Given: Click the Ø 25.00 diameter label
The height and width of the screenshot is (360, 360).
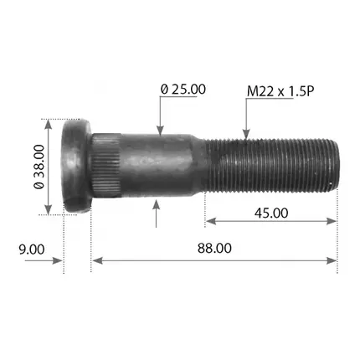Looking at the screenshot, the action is (183, 90).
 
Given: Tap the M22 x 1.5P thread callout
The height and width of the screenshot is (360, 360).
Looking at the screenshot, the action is (280, 91).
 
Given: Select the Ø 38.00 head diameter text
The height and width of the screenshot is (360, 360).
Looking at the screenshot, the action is (39, 167).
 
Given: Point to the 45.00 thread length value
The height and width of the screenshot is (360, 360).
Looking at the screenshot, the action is (271, 213).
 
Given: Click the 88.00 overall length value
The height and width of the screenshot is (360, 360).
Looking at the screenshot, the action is (214, 248).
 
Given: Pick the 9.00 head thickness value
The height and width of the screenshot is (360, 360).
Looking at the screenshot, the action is (32, 249).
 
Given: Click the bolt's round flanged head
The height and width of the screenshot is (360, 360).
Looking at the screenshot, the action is (76, 167).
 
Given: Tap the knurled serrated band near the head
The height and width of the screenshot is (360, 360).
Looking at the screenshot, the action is (106, 166).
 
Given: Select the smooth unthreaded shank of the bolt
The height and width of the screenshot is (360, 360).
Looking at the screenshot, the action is (157, 165).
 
